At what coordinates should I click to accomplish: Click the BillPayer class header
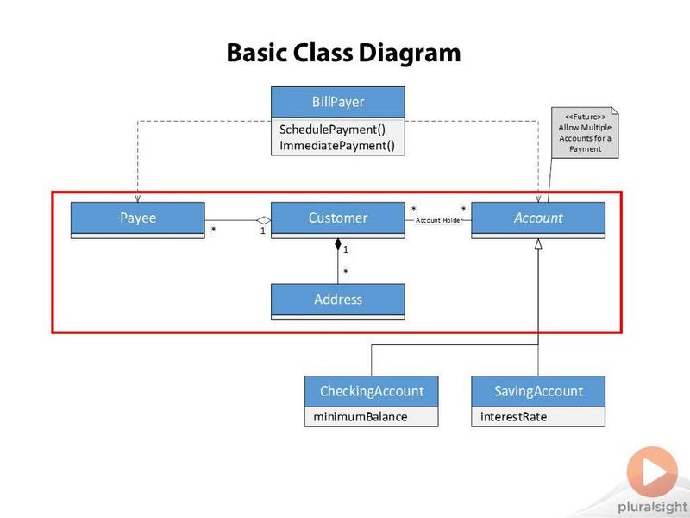click(338, 102)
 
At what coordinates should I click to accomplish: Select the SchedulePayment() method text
click(333, 129)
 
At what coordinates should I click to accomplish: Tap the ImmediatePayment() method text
click(337, 145)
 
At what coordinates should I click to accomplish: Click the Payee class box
click(138, 220)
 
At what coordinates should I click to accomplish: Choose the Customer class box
click(338, 220)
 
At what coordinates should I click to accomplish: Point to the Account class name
click(538, 218)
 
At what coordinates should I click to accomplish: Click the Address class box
click(338, 301)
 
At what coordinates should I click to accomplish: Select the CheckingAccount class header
click(372, 391)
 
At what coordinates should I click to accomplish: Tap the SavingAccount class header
click(538, 391)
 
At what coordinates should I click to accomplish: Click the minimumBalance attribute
click(361, 417)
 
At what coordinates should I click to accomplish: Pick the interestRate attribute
click(513, 417)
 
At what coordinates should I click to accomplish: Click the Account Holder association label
click(439, 220)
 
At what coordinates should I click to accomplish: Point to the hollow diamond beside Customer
click(264, 220)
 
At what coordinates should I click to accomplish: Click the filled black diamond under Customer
click(338, 244)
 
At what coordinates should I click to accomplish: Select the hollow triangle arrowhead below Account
click(538, 243)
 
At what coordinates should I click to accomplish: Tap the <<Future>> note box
click(585, 133)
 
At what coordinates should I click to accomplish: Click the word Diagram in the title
click(410, 54)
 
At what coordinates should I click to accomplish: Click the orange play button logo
click(652, 472)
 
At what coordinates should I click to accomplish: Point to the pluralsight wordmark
click(653, 508)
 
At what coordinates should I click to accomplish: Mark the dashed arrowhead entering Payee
click(138, 199)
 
